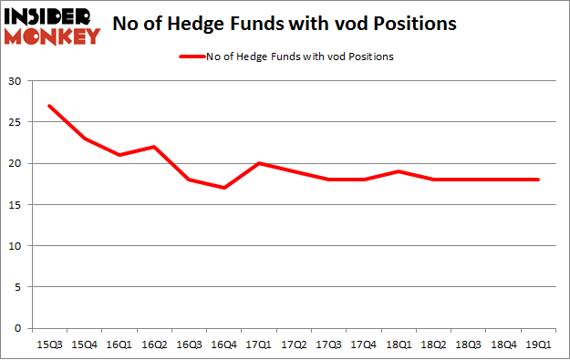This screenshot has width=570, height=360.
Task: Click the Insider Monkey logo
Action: (52, 26)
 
